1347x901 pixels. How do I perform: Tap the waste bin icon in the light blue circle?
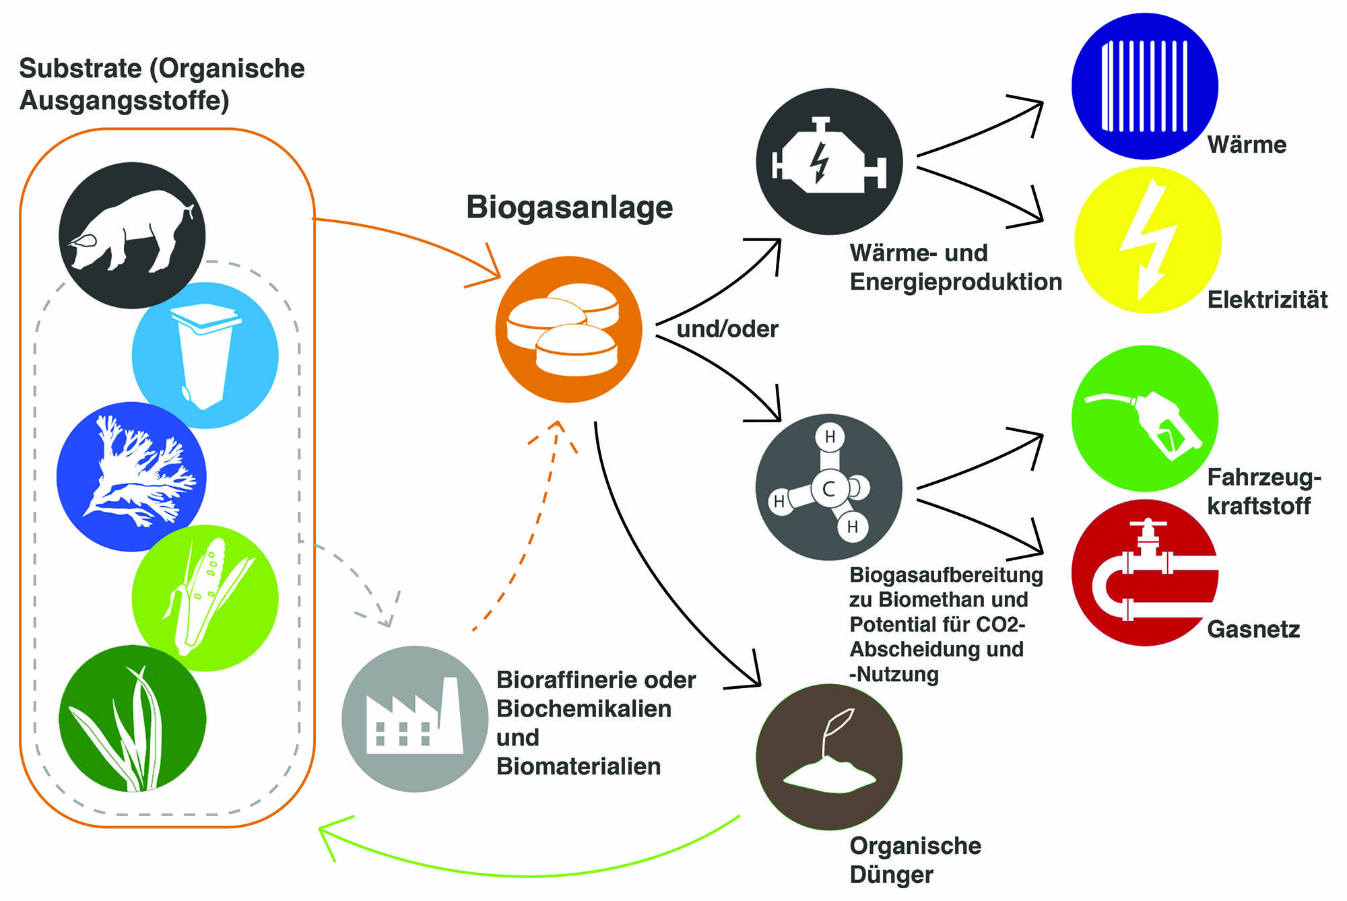coord(205,356)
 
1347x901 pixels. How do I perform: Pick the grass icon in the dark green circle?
coord(132,719)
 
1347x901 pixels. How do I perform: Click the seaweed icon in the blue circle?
coord(132,477)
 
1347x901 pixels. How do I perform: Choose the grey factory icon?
coord(415,719)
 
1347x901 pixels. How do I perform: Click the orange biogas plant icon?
coord(568,329)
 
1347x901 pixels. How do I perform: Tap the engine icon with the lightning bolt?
coord(829,162)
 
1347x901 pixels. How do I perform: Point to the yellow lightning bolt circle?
coord(1148,240)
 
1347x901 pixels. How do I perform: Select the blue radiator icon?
coord(1144,86)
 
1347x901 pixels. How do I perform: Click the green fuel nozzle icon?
coord(1144,419)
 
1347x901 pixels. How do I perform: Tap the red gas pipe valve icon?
coord(1144,573)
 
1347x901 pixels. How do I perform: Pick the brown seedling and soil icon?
coord(829,757)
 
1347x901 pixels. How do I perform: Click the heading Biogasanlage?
coord(569,207)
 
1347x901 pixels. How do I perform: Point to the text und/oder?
coord(727,329)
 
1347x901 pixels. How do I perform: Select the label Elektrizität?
coord(1267,300)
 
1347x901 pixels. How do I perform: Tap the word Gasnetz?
coord(1253,629)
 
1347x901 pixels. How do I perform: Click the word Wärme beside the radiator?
coord(1247,145)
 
